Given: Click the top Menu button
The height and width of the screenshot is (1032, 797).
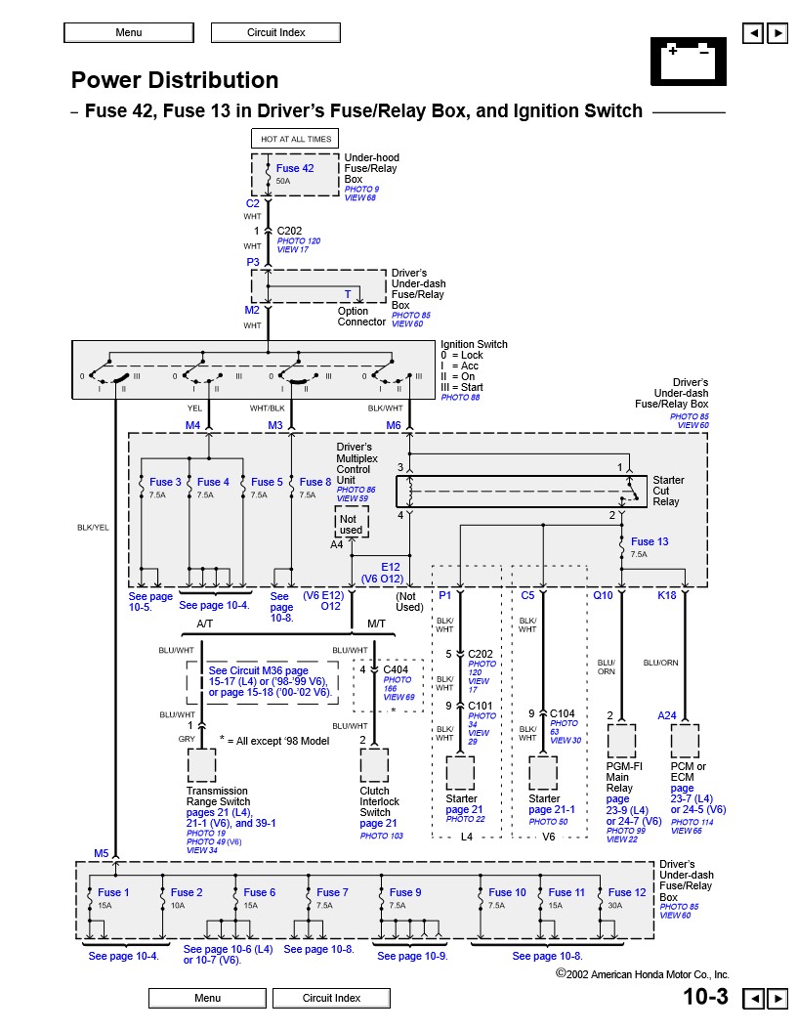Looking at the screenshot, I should [128, 32].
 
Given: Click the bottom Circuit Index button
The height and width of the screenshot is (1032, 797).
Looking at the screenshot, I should [331, 998].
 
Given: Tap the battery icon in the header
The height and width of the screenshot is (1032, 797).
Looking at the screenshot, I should [688, 61].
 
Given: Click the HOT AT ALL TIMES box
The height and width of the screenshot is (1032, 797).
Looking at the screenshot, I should [296, 139].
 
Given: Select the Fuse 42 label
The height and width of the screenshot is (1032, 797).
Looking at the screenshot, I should [295, 168].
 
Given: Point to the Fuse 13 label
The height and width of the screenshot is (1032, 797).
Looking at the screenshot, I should [650, 541].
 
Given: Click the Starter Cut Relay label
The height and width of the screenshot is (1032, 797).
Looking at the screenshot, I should [668, 491].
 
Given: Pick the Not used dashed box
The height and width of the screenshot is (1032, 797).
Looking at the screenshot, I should [349, 525].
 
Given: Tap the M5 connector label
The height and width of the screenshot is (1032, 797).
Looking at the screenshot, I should [102, 854].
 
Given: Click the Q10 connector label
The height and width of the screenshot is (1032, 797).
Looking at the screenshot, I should [603, 594].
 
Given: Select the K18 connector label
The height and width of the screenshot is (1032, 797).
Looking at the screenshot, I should [667, 594].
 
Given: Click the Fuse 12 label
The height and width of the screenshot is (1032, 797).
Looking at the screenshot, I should [627, 892].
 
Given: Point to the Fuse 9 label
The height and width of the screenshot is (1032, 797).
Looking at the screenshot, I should [405, 892].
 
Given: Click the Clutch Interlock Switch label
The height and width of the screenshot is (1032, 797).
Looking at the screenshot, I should [375, 801].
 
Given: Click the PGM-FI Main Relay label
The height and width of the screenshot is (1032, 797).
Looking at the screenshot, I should [620, 777].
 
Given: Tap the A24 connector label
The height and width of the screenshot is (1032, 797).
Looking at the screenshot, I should [667, 715].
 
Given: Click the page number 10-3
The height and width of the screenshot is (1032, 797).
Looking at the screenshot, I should [705, 997].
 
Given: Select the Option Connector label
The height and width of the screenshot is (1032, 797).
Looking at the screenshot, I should [361, 317].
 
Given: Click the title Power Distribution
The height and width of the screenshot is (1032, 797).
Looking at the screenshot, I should [175, 80].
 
